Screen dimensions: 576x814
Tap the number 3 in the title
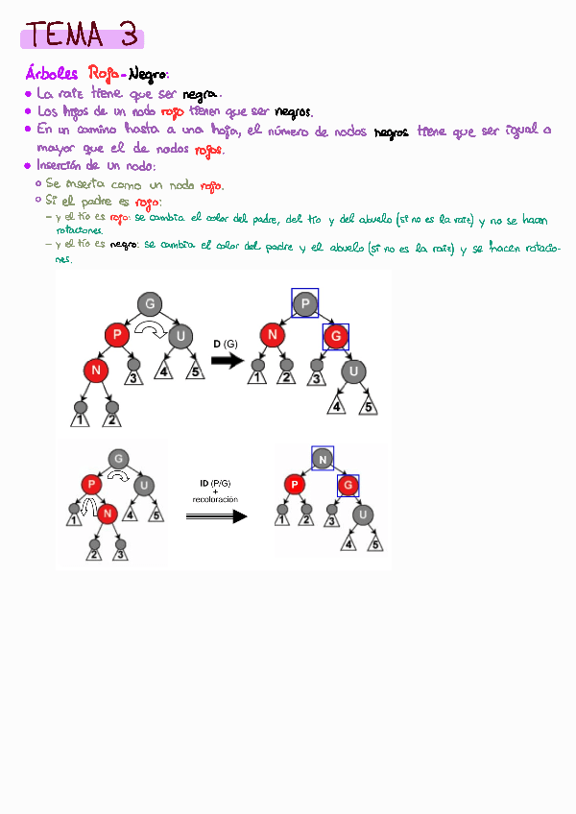[x=128, y=36]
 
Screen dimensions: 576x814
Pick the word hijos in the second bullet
[x=89, y=111]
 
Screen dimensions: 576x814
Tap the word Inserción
[x=65, y=166]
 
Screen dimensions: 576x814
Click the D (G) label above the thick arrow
[x=226, y=343]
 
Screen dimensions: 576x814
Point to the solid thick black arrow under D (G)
[x=228, y=361]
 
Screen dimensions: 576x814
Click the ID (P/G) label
[x=215, y=483]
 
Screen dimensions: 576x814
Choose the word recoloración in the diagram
[x=215, y=500]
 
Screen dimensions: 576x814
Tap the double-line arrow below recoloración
[x=216, y=515]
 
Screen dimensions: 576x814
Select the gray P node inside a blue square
[x=305, y=303]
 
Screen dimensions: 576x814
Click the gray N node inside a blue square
[x=323, y=460]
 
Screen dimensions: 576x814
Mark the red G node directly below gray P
[x=335, y=337]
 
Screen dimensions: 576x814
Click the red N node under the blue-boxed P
[x=274, y=336]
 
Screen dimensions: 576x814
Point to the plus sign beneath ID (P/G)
[x=215, y=491]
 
